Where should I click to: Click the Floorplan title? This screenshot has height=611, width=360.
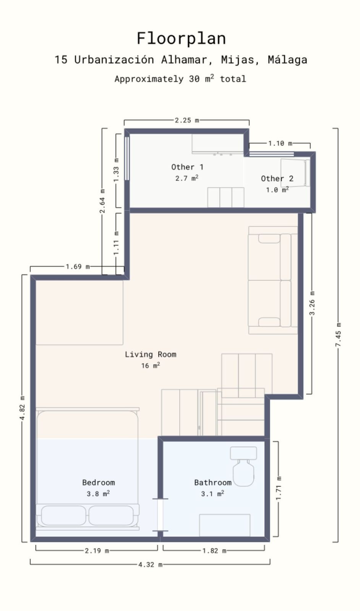point(181,39)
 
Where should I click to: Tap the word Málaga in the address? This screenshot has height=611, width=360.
point(287,60)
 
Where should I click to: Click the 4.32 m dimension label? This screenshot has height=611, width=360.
point(150,564)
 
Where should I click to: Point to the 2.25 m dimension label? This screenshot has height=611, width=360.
point(186,120)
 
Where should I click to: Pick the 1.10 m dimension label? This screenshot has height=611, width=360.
point(280,143)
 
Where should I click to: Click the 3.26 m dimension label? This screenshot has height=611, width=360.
point(312,303)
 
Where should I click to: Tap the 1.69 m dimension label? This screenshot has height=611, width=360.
point(78,267)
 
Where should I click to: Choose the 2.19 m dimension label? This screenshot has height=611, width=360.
point(97,551)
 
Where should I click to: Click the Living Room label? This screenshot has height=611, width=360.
point(151,354)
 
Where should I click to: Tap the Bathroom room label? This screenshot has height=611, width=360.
point(212,482)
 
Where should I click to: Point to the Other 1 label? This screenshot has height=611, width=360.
point(187,167)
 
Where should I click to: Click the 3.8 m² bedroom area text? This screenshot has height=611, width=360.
point(98,494)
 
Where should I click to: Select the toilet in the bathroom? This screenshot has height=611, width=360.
point(243,468)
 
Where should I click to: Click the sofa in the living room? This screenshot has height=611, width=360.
point(272,280)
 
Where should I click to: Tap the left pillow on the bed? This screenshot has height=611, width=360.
point(63,516)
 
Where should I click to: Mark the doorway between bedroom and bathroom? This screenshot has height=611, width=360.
point(160,515)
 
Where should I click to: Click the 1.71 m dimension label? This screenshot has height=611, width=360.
point(279,488)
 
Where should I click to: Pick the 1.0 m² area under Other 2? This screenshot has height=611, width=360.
point(277,190)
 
